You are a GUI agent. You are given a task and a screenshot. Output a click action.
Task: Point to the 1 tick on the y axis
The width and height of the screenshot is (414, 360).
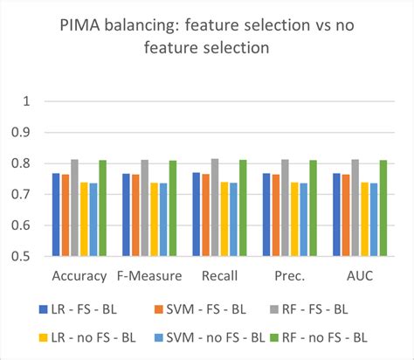(x=26, y=100)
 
